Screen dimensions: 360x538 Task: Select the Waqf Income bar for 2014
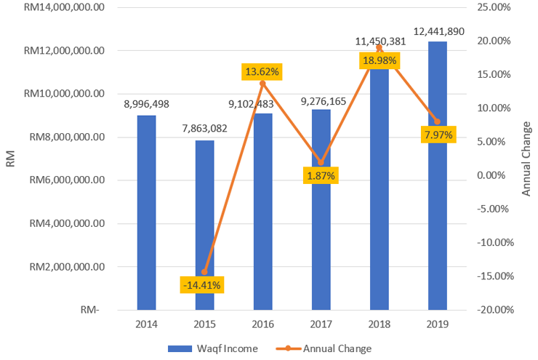146,212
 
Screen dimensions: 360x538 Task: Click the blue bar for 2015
204,225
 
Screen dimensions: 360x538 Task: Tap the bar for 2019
437,175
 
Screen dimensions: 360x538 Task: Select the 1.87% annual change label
321,175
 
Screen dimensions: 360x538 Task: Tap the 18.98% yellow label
380,60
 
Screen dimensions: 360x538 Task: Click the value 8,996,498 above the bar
146,104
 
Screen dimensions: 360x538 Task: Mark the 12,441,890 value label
438,31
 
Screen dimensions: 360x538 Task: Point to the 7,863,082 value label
204,129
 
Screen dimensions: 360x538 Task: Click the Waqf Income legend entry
214,348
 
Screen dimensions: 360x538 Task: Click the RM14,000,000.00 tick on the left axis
65,7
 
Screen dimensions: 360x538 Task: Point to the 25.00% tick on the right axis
495,7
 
